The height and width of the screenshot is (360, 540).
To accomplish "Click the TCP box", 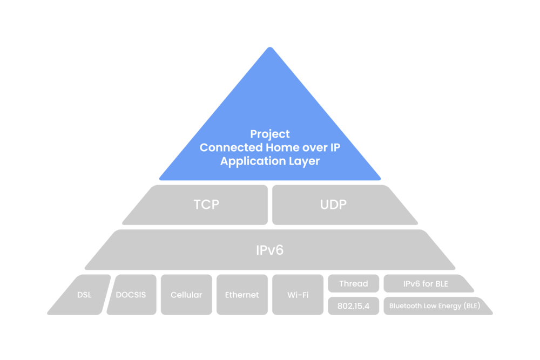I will [x=207, y=205].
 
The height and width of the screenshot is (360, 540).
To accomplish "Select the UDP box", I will [x=334, y=205].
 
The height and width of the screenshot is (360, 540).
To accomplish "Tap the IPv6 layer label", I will [x=269, y=250].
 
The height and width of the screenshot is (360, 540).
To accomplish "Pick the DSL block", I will [x=84, y=295].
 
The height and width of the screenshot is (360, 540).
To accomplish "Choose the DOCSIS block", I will [x=131, y=295].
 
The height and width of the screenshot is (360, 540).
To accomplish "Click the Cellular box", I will [x=186, y=295].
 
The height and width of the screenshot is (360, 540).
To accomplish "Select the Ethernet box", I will [x=241, y=295].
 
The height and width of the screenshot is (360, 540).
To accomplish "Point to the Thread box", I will [x=354, y=283].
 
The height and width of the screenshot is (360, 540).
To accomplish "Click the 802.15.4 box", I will [x=354, y=306].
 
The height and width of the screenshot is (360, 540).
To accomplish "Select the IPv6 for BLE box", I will [x=426, y=283].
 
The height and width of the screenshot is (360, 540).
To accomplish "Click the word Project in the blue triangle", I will [x=270, y=134].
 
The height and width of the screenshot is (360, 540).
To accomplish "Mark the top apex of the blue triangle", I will [x=270, y=48].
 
